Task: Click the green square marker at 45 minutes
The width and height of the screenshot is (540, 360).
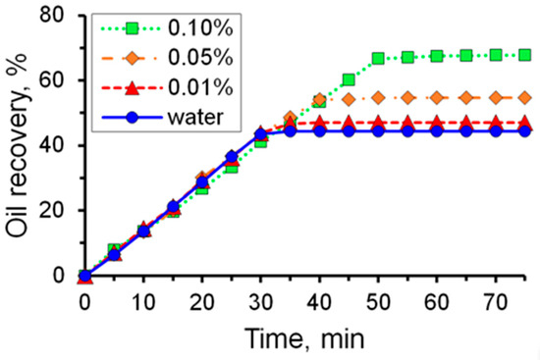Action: coord(349,79)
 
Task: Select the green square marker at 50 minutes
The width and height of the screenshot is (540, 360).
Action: coord(378,59)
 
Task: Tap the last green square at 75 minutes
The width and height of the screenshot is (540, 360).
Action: coord(524,55)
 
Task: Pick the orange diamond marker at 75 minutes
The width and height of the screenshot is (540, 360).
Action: coord(524,98)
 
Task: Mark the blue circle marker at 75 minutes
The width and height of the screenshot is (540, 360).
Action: coord(524,130)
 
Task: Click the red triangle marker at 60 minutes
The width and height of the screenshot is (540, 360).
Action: coord(437,122)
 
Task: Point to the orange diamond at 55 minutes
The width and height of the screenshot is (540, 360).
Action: coord(407,98)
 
